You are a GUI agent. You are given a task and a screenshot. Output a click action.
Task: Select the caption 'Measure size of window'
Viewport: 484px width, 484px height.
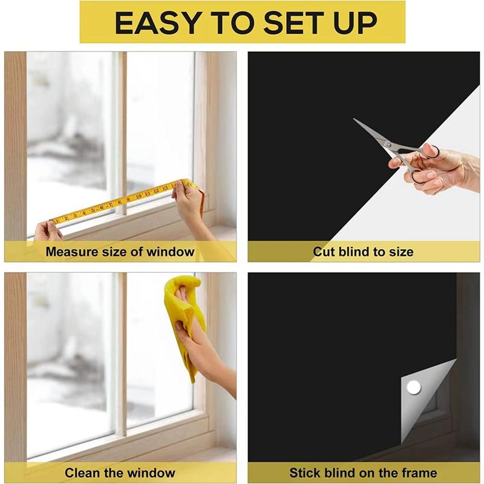(120, 252)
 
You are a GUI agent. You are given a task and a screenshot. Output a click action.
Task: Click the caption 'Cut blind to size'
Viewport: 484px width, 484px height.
(363, 252)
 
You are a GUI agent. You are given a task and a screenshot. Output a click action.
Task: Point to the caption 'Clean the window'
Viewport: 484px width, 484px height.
(120, 473)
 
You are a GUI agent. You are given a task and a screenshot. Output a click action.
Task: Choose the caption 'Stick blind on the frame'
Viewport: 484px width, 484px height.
(363, 473)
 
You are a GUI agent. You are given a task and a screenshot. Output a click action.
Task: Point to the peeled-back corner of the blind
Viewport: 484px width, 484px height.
(423, 393)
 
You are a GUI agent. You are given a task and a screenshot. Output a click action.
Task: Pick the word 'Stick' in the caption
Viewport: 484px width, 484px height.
(305, 473)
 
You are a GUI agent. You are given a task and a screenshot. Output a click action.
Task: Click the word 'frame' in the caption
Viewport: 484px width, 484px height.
(419, 473)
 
